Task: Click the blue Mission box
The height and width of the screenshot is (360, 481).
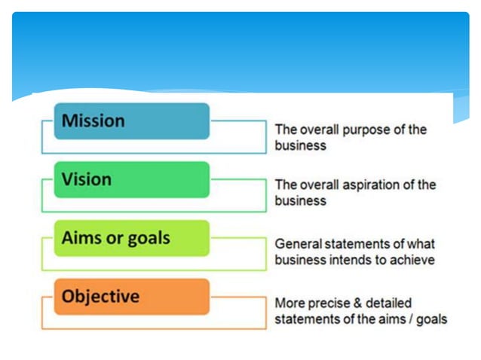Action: pyautogui.click(x=131, y=121)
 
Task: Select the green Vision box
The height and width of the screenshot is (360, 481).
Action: pyautogui.click(x=131, y=180)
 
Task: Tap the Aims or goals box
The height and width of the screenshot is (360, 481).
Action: pyautogui.click(x=131, y=239)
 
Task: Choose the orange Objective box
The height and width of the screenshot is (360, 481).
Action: pyautogui.click(x=131, y=297)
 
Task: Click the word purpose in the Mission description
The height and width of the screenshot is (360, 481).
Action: pyautogui.click(x=367, y=130)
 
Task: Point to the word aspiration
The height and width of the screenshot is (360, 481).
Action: pyautogui.click(x=378, y=185)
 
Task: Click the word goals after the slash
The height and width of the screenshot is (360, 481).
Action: pyautogui.click(x=430, y=319)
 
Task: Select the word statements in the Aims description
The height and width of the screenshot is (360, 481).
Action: pyautogui.click(x=354, y=244)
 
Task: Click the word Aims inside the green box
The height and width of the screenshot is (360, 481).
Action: pyautogui.click(x=81, y=238)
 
